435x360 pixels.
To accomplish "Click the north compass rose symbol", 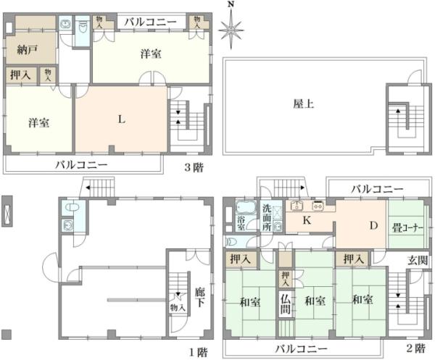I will tap(231, 31).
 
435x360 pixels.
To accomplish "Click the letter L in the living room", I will tap(123, 120).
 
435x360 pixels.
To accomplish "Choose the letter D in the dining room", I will tap(374, 226).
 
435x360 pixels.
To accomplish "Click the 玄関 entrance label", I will tap(416, 260).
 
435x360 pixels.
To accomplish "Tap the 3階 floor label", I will tap(192, 167).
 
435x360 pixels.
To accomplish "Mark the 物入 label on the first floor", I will tap(178, 307).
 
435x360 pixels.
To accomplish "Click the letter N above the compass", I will tap(231, 5).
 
